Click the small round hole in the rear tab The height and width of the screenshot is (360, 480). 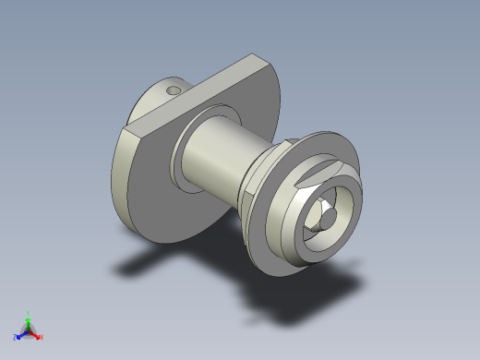pyautogui.click(x=172, y=91)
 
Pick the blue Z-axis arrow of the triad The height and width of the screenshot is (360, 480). pyautogui.click(x=20, y=335)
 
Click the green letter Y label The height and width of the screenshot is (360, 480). pyautogui.click(x=29, y=312)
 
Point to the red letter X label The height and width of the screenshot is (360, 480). pyautogui.click(x=42, y=338)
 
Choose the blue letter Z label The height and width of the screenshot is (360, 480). pyautogui.click(x=15, y=338)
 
